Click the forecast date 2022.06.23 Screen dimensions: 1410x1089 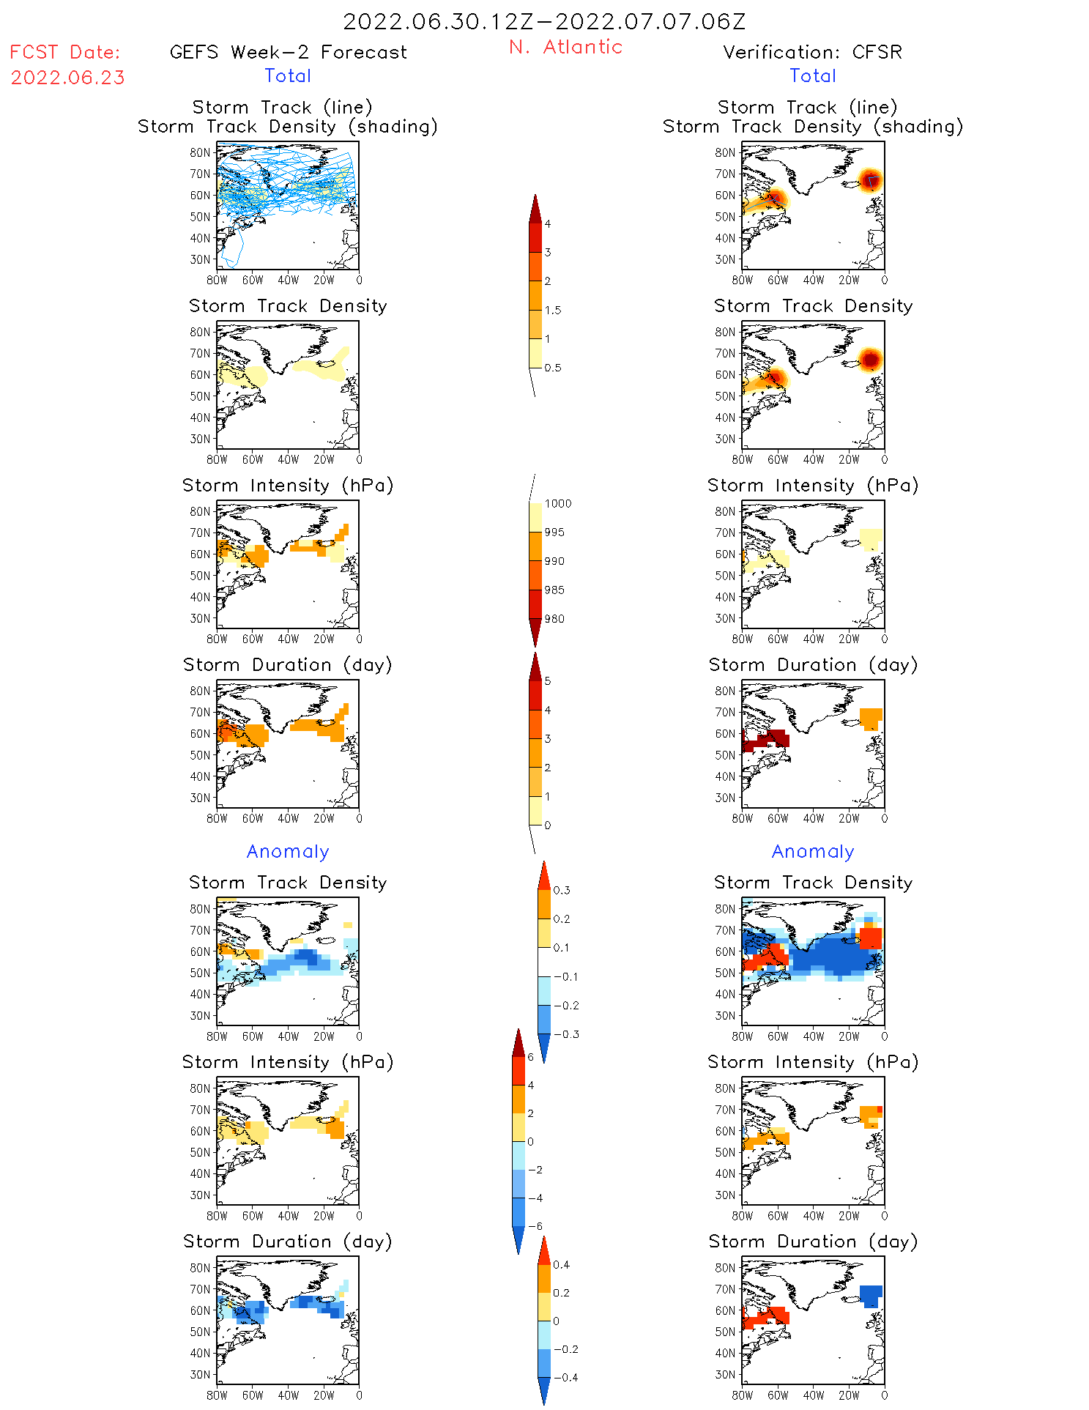(67, 78)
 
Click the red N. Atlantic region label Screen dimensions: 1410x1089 (565, 47)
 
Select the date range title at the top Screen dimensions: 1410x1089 (544, 21)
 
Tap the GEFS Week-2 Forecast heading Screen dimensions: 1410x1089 (288, 52)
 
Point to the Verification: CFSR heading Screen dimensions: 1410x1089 (812, 52)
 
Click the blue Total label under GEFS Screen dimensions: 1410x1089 (288, 75)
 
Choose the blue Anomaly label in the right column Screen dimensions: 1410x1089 (813, 851)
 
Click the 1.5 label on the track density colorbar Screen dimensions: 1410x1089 (553, 310)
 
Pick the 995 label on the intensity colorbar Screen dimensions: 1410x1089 (554, 533)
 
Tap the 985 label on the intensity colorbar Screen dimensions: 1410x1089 (554, 590)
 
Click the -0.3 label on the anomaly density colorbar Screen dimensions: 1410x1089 (565, 1034)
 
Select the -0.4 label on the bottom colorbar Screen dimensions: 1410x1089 (565, 1377)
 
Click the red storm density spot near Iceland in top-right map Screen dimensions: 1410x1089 (870, 179)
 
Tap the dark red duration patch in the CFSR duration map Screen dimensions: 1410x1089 (766, 740)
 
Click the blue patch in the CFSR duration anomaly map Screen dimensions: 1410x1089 (871, 1295)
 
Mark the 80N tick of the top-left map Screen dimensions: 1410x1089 (200, 152)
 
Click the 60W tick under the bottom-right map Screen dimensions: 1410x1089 (778, 1395)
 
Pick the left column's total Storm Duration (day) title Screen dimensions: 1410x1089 (288, 664)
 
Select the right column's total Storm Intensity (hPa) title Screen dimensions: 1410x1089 (813, 485)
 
